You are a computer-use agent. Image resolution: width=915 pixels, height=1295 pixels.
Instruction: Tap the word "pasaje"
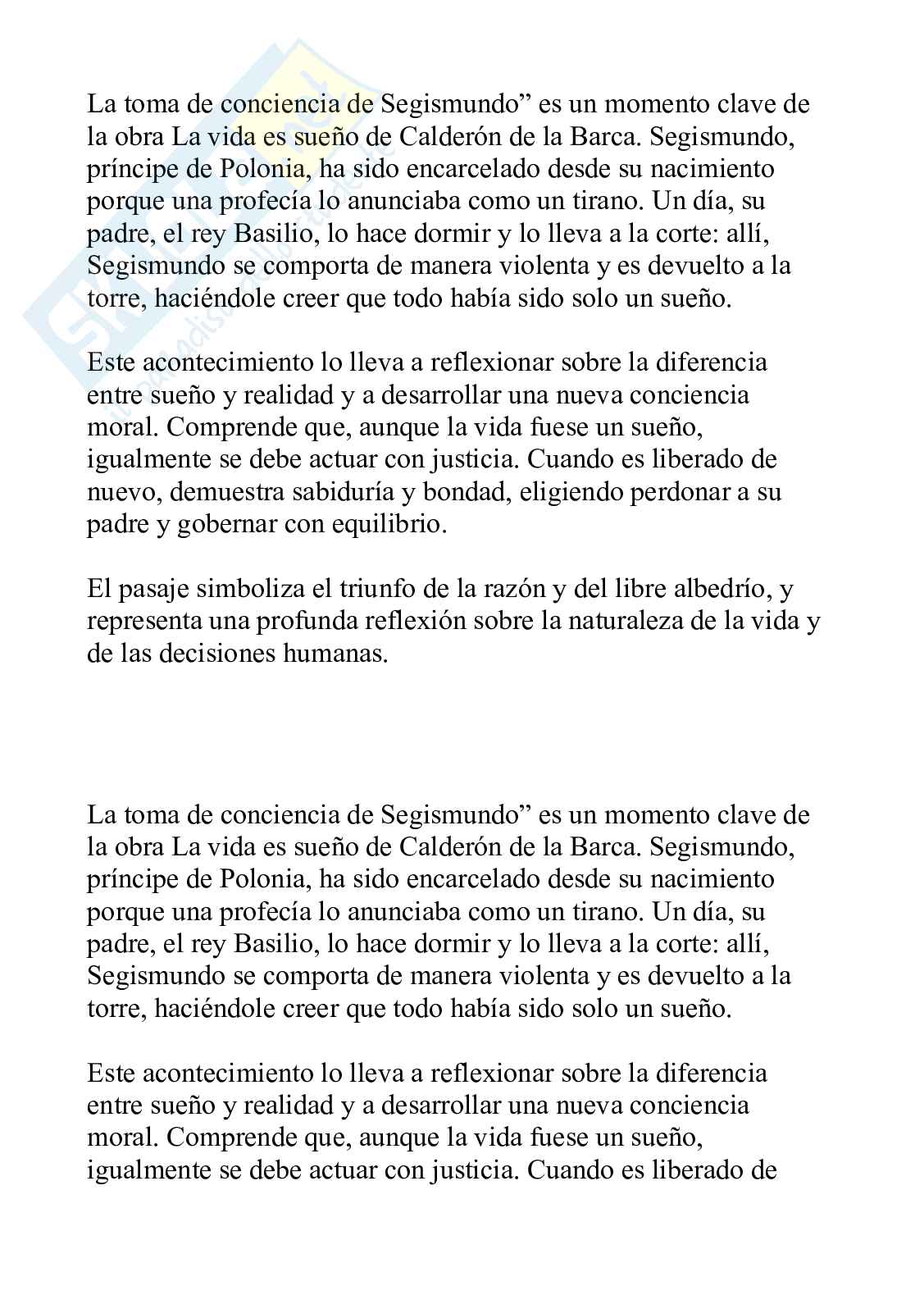pyautogui.click(x=154, y=590)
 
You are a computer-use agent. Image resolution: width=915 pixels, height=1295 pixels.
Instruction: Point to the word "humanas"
pyautogui.click(x=335, y=654)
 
